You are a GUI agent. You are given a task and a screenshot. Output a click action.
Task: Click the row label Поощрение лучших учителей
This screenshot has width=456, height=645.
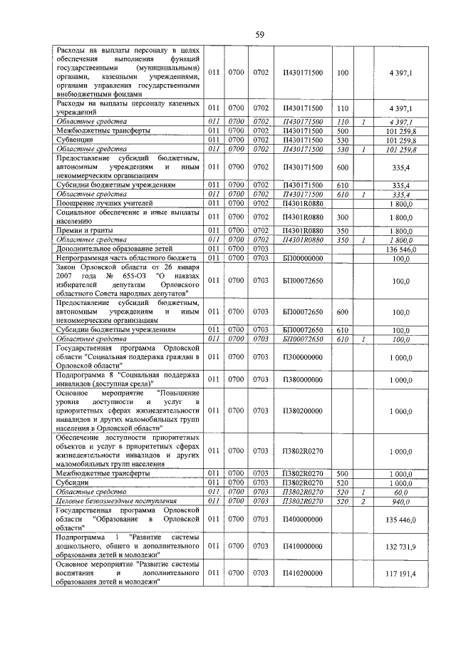point(98,204)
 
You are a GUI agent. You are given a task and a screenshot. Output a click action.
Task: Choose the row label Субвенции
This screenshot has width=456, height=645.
point(73,140)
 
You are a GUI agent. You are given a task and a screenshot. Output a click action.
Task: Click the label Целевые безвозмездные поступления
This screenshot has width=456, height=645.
point(117,501)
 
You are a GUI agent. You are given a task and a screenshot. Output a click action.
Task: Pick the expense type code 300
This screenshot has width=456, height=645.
point(342,217)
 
